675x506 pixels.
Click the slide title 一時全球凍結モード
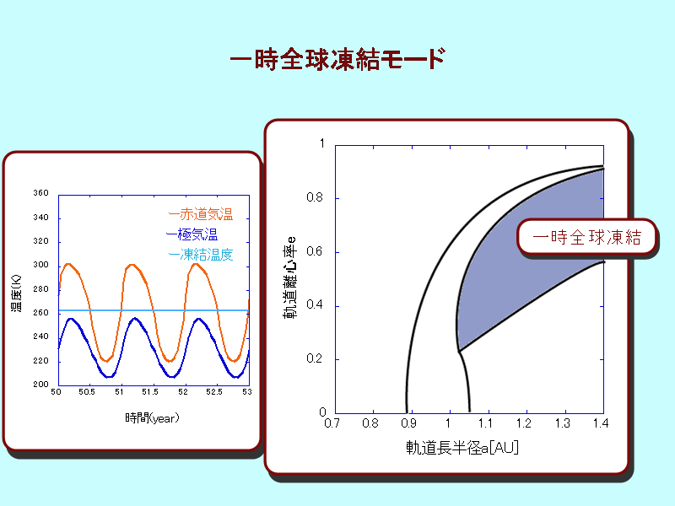tap(338, 59)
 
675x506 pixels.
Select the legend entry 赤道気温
tap(206, 214)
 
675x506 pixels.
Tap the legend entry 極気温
tap(197, 234)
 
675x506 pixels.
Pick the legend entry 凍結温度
tap(206, 255)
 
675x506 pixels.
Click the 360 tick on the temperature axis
tap(40, 193)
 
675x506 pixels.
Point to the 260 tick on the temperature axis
tap(40, 312)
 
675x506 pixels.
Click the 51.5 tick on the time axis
tap(150, 392)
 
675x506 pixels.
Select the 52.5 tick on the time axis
tap(214, 392)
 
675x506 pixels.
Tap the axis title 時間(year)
tap(152, 417)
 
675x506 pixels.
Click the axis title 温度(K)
tap(16, 293)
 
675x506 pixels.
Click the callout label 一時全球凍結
tap(586, 238)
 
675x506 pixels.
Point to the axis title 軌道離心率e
tap(289, 277)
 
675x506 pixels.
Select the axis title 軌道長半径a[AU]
tap(462, 448)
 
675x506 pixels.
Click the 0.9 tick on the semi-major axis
tap(408, 424)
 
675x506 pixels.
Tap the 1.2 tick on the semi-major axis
tap(524, 424)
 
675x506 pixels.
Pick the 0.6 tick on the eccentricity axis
tap(314, 251)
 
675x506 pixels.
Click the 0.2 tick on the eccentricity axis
tap(314, 358)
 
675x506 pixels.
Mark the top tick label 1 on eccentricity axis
tap(322, 143)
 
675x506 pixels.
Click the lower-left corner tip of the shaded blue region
tap(459, 352)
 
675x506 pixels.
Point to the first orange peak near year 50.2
tap(67, 264)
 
